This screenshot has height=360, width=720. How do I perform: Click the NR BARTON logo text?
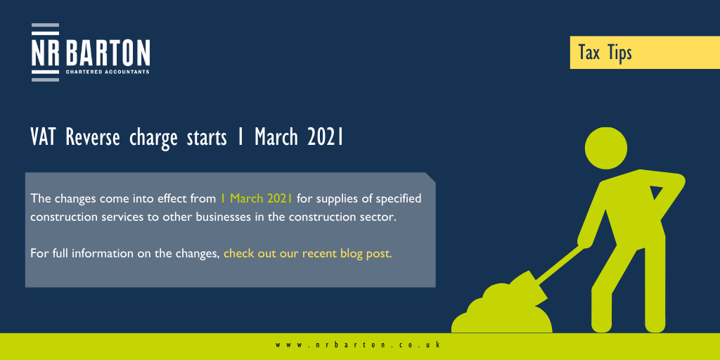pos(91,53)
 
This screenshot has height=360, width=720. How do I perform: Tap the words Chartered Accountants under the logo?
pos(108,72)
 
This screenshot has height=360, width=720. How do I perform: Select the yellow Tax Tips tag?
pos(645,52)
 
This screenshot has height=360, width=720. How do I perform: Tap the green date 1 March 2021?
pos(256,199)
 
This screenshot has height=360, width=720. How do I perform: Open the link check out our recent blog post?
pos(308,253)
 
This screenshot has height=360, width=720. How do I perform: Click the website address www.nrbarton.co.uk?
pos(359,345)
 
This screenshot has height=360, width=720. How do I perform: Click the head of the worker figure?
pos(605,148)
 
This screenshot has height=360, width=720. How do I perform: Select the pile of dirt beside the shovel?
pos(502,310)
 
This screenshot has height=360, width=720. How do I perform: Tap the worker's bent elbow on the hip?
pos(679,179)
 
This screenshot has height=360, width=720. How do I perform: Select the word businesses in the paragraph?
pos(224,217)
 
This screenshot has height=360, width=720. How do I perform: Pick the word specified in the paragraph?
pos(399,200)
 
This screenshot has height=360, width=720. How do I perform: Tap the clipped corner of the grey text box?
pos(430,178)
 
